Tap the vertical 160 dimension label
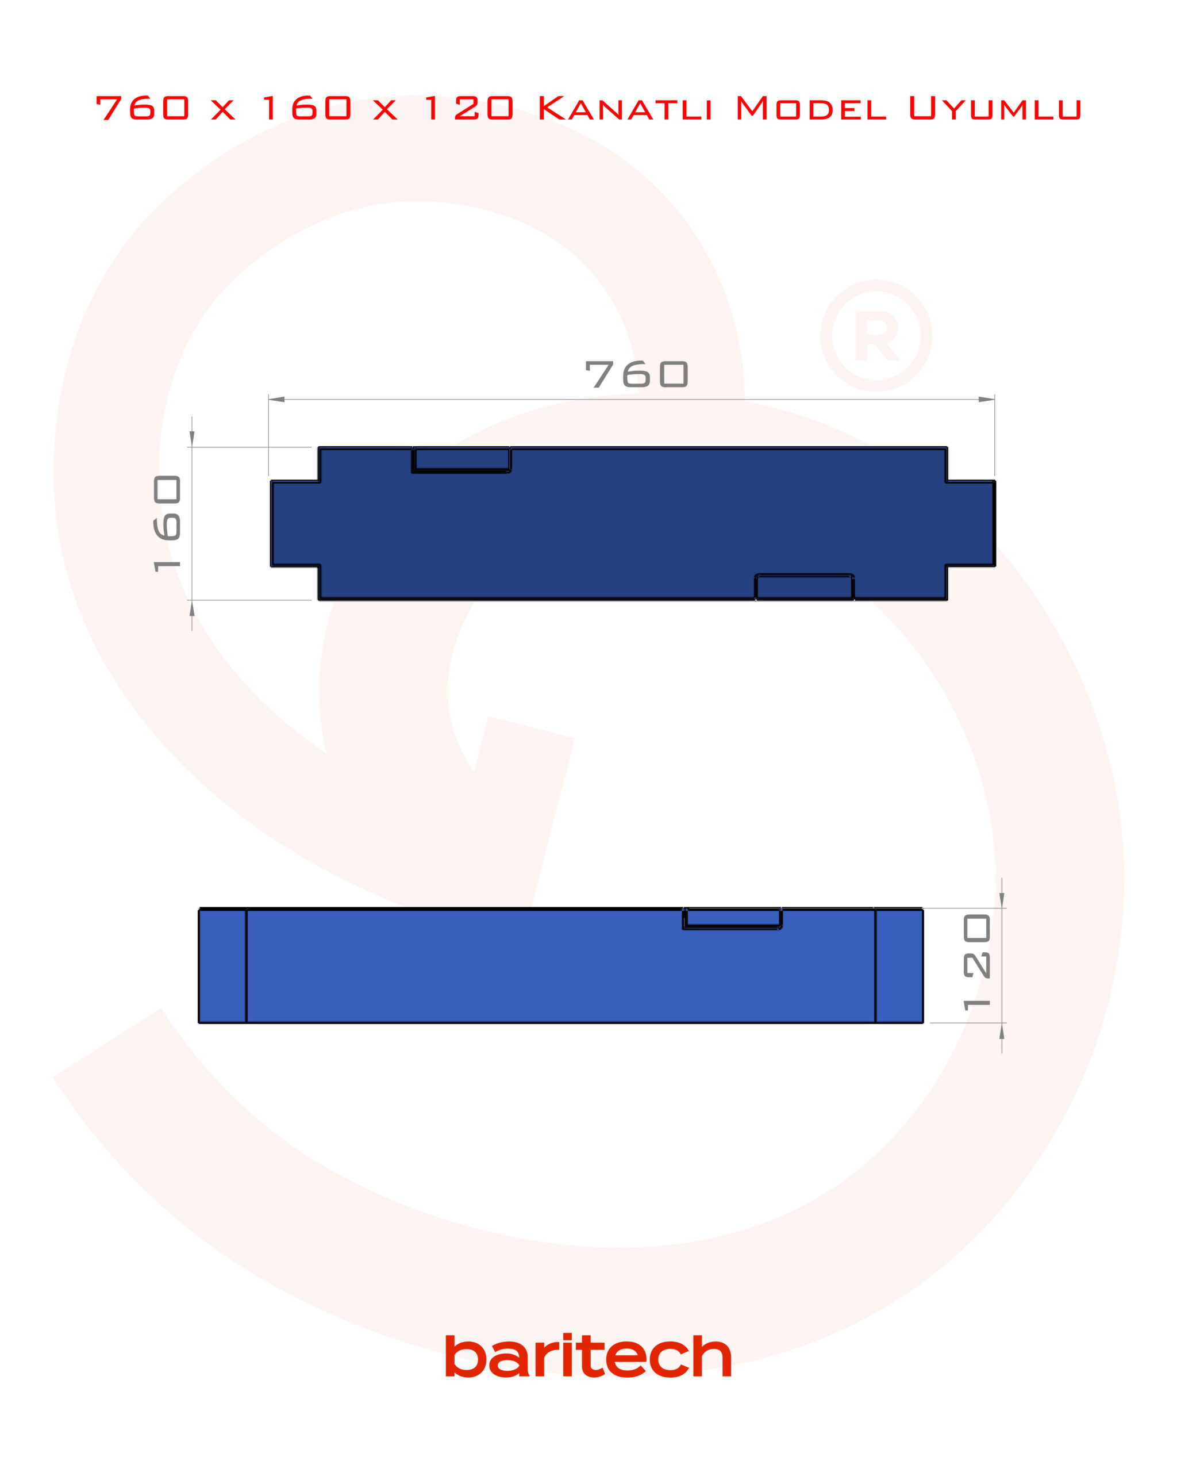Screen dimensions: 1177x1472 (x=167, y=523)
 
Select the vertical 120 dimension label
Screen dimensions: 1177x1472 (x=976, y=962)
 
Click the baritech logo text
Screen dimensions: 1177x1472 (x=588, y=1356)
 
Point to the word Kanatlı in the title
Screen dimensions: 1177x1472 (x=625, y=108)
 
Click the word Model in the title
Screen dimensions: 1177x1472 (x=810, y=108)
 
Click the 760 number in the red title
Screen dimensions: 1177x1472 (x=143, y=108)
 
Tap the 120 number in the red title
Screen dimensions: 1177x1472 (x=469, y=108)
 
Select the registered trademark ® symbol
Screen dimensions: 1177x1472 (x=876, y=335)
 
